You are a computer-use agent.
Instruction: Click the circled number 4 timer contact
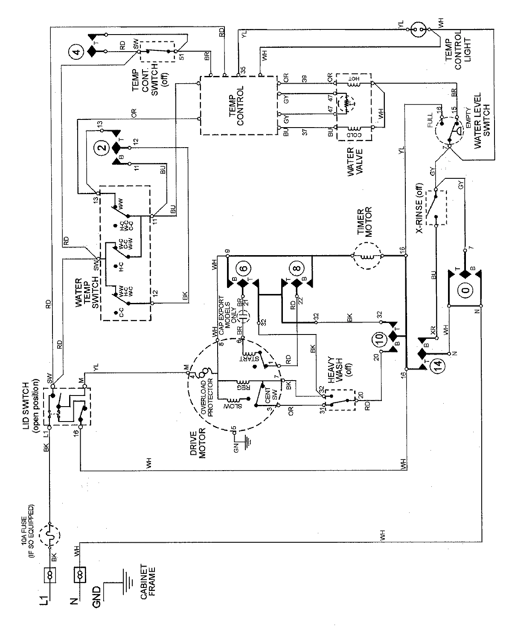[x=76, y=52]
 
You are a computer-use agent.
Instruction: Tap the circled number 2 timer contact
[x=102, y=148]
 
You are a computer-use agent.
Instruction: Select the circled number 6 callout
[x=244, y=269]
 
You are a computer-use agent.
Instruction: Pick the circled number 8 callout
[x=295, y=269]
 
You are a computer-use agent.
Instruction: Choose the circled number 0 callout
[x=465, y=290]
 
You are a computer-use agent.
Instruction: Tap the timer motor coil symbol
[x=367, y=256]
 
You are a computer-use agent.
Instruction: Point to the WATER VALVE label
[x=355, y=163]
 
